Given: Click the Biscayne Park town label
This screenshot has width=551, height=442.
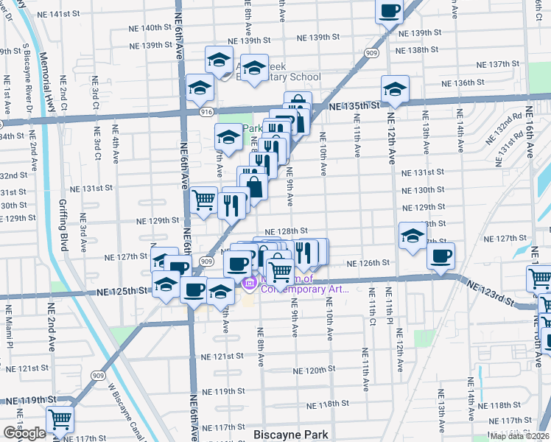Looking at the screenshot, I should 290,434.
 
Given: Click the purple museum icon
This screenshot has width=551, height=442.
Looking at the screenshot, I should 250,283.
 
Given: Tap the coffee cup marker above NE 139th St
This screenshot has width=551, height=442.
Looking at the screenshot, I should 390,11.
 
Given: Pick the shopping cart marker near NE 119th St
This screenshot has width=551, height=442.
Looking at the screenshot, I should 60,420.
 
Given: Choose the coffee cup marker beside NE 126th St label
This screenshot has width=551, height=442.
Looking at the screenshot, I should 441,256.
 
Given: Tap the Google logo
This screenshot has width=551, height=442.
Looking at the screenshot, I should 24,432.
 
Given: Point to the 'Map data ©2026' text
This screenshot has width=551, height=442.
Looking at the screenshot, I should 519,436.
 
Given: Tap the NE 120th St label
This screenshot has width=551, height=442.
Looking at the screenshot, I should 315,369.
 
